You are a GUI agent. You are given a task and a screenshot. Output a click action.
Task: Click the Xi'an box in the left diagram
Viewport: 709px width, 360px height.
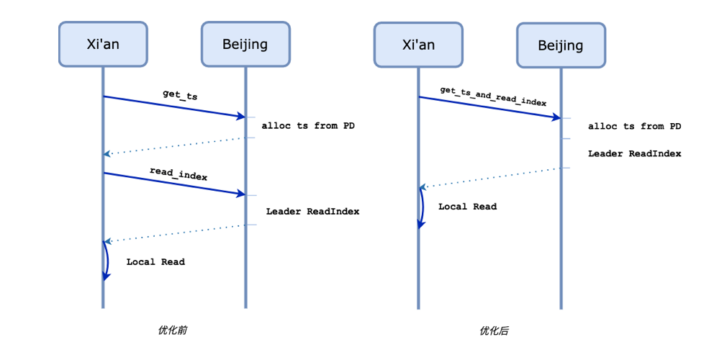(103, 44)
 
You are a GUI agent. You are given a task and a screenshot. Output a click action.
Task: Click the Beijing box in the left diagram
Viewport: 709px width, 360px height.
(245, 44)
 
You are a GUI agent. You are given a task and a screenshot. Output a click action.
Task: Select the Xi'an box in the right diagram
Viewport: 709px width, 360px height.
(418, 45)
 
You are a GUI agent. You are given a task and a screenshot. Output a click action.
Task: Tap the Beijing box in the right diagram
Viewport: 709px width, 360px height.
(561, 45)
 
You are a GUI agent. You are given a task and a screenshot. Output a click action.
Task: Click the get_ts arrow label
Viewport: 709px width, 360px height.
(180, 94)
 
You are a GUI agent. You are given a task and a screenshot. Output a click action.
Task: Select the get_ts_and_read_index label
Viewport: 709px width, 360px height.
(493, 95)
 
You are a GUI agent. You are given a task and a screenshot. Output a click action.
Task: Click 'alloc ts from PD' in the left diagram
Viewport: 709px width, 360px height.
(308, 125)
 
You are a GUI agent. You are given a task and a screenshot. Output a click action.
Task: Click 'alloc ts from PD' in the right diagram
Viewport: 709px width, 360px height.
(634, 126)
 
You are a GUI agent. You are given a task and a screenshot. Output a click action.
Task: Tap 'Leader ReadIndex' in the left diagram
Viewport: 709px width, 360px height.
(312, 211)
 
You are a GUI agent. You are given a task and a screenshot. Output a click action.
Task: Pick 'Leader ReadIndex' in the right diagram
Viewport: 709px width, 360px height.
(634, 153)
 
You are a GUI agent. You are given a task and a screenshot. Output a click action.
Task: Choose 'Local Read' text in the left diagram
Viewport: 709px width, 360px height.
(155, 261)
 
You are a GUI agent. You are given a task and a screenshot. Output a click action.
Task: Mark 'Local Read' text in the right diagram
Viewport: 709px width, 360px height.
(467, 207)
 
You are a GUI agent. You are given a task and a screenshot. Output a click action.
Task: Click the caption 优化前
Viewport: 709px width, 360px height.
(172, 330)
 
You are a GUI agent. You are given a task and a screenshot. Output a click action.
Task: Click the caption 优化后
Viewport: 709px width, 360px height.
(494, 330)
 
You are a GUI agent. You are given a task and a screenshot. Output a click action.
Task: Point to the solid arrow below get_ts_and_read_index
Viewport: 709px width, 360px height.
(489, 107)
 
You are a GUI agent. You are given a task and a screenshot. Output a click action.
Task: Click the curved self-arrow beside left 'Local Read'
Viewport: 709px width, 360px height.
(107, 261)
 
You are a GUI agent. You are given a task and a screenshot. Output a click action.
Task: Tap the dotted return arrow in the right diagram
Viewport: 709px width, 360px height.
(489, 178)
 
